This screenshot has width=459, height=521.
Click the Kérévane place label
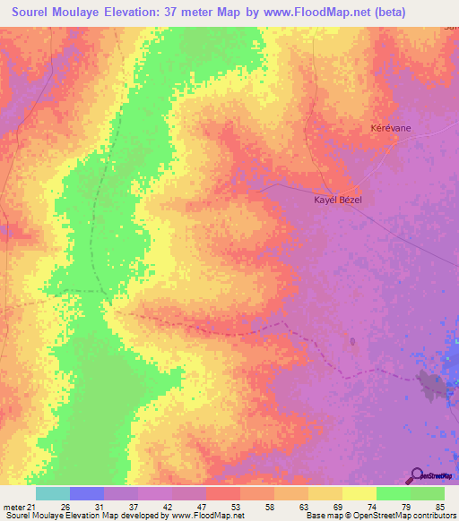391,128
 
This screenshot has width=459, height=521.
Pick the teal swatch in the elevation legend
53,493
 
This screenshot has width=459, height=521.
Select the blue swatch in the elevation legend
87,493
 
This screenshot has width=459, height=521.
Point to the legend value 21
34,506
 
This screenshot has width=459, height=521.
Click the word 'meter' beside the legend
13,506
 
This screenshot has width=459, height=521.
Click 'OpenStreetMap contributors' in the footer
412,516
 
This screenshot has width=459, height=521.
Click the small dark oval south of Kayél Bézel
352,341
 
